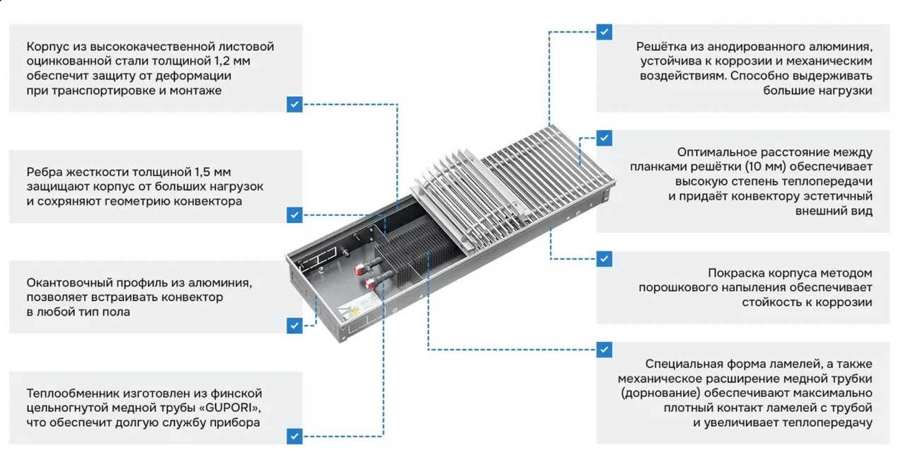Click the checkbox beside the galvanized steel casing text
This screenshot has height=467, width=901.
294,104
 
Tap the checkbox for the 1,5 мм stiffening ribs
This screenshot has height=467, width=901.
294,214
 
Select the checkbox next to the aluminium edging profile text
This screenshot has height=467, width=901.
294,325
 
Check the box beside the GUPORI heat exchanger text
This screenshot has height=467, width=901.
294,436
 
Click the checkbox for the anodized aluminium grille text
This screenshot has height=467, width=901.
604,32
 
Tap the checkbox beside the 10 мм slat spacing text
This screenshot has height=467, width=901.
604,138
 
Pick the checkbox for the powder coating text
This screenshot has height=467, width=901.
604,258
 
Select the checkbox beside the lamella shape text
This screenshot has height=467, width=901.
604,349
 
